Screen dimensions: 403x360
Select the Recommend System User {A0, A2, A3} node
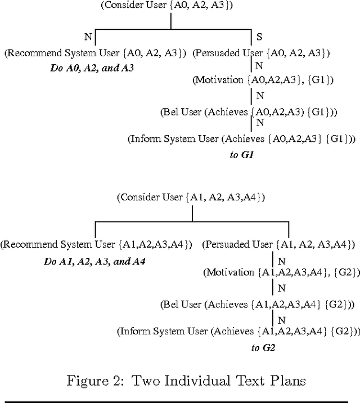point(95,53)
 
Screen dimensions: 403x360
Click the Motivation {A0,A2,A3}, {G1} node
point(263,80)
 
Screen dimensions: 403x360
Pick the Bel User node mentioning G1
point(248,112)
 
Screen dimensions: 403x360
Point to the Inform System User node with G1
point(242,138)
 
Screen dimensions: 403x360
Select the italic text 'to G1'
point(242,154)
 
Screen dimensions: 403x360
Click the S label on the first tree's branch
point(259,37)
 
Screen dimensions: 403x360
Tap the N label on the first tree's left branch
point(87,37)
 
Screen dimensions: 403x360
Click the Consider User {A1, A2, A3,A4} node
point(191,198)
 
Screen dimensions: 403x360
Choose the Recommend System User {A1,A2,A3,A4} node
point(96,245)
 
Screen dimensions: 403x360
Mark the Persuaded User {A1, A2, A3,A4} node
point(278,245)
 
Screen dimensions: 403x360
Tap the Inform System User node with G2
point(238,332)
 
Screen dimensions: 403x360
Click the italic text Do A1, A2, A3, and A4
point(94,262)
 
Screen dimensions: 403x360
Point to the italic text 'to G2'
point(263,348)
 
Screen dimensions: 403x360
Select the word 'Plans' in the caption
point(286,381)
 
